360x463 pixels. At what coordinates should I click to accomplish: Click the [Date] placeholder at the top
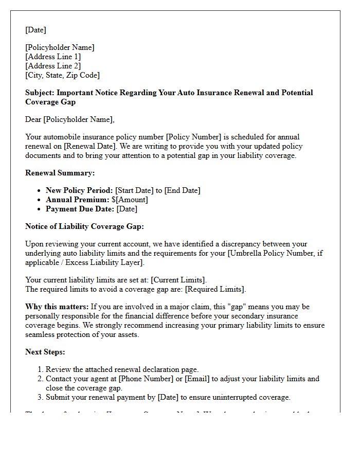pos(35,30)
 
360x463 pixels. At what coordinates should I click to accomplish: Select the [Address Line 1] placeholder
pos(53,57)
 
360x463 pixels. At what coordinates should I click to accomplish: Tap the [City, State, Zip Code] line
pos(62,75)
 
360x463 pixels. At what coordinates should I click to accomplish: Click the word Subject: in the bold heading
pos(40,93)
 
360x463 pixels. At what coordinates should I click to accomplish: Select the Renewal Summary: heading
pos(60,173)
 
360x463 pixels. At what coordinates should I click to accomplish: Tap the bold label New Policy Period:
pos(79,190)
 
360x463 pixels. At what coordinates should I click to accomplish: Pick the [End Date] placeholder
pos(182,190)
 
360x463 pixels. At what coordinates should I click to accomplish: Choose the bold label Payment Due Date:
pos(80,209)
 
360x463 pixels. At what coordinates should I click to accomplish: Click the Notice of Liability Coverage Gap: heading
pos(84,226)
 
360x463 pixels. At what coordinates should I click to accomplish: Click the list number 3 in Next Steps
pos(40,397)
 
